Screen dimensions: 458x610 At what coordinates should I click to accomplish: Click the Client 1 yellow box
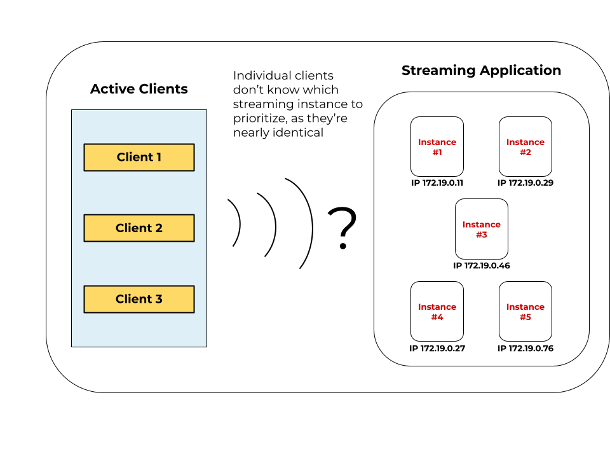[x=139, y=157]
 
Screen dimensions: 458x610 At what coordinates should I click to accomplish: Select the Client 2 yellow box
[x=139, y=228]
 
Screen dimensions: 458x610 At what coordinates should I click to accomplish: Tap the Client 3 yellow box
[x=139, y=299]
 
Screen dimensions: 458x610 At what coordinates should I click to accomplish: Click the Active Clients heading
[x=139, y=88]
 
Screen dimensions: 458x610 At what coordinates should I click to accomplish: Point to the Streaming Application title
[x=481, y=70]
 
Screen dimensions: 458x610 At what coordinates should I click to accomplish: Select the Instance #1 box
[x=437, y=146]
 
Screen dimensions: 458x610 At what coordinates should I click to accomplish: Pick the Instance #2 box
[x=525, y=146]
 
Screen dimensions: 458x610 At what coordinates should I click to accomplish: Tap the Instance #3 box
[x=481, y=228]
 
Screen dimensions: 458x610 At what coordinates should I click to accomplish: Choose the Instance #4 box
[x=437, y=311]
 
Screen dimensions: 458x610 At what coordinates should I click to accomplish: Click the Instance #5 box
[x=525, y=311]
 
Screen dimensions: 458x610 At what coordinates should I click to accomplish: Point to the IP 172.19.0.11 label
[x=437, y=183]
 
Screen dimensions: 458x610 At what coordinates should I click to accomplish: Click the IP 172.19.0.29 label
[x=525, y=183]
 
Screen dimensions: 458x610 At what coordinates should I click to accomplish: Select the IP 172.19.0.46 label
[x=481, y=265]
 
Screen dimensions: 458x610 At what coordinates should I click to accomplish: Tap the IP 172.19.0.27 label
[x=437, y=348]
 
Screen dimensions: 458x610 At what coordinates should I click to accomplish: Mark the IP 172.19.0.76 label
[x=525, y=348]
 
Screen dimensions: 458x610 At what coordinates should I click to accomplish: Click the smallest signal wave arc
[x=238, y=223]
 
